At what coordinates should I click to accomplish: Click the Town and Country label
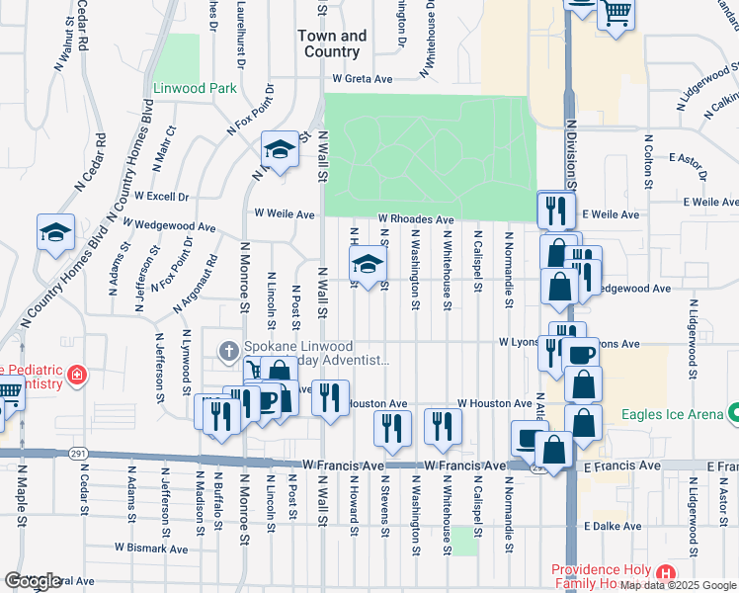(331, 43)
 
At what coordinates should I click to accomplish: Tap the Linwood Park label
(195, 88)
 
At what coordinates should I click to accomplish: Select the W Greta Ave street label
(363, 78)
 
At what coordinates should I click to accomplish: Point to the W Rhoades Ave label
(415, 219)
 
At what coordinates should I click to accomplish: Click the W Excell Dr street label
(161, 197)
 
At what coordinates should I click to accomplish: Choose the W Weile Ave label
(284, 213)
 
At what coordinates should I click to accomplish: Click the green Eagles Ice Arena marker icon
(732, 411)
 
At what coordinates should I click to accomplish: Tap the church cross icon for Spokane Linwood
(228, 350)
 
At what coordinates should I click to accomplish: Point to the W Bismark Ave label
(150, 548)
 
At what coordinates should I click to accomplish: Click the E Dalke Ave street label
(613, 527)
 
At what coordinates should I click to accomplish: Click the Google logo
(32, 581)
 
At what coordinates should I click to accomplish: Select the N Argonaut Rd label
(195, 287)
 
